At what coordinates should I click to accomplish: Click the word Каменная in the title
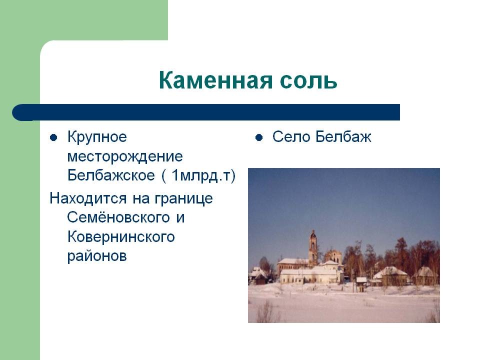pos(215,80)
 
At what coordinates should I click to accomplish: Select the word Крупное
pos(97,137)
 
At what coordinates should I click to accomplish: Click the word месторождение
pos(125,156)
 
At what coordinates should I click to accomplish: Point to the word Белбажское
pos(111,175)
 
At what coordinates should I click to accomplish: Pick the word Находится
pos(88,198)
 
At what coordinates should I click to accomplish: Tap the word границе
pos(183,199)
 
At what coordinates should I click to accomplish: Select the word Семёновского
pos(118,217)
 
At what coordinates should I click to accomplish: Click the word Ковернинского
pos(121,237)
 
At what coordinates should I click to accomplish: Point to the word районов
pos(97,256)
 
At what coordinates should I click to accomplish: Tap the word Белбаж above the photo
pos(343,137)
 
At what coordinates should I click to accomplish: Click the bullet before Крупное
pos(53,137)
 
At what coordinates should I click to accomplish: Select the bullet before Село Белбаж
pos(259,137)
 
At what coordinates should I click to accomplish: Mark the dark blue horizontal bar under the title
pos(206,112)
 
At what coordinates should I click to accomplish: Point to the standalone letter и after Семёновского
pos(180,218)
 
